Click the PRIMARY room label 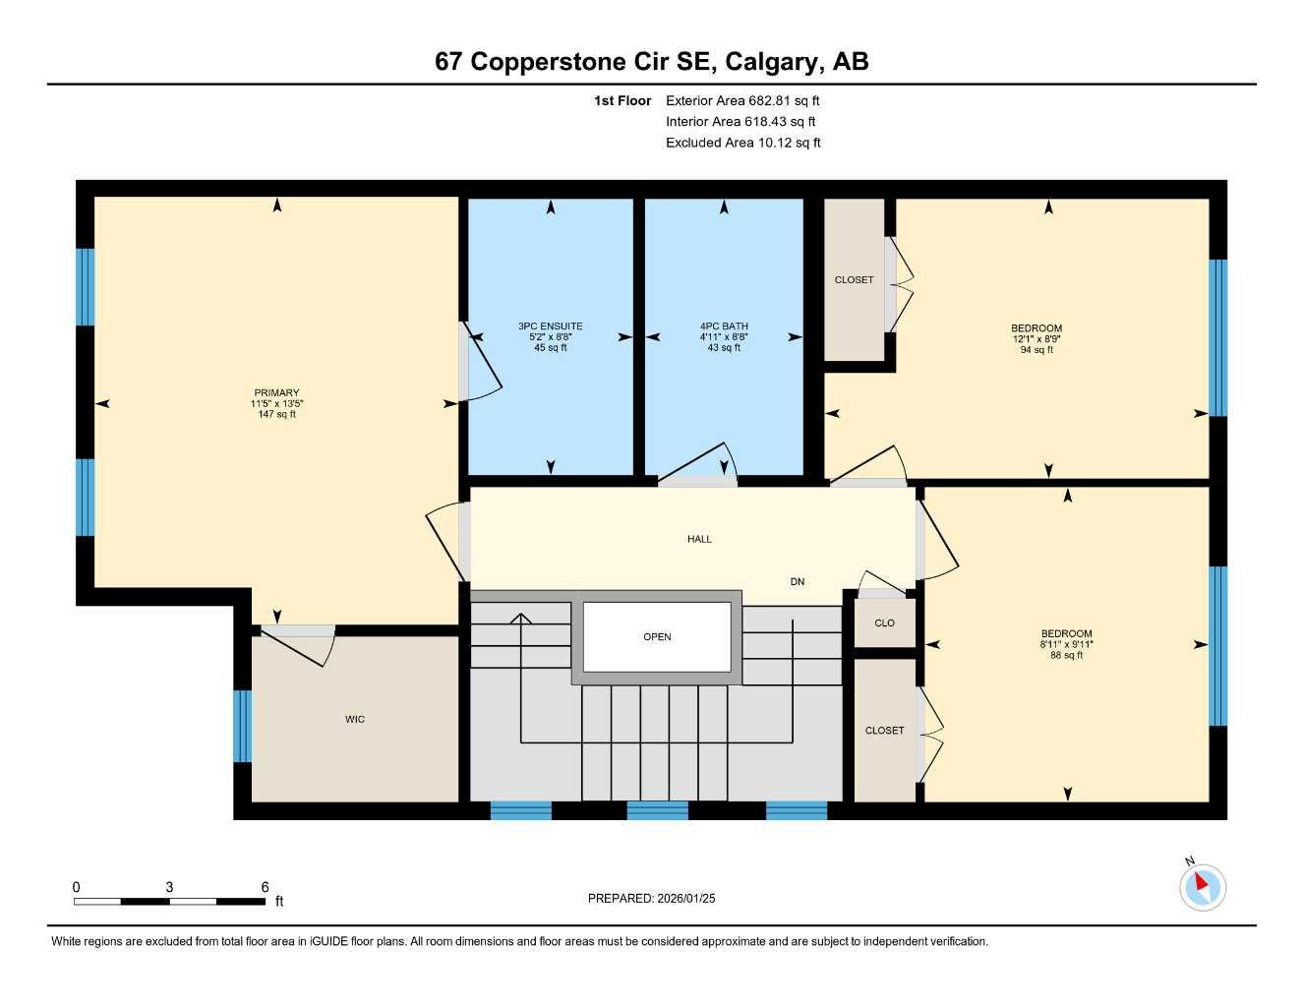click(x=275, y=393)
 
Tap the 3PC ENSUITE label click(x=550, y=326)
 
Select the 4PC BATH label click(x=724, y=326)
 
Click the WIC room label click(x=355, y=720)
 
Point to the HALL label click(x=699, y=539)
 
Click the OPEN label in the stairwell click(x=657, y=637)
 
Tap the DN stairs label click(x=798, y=582)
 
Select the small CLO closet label click(x=884, y=623)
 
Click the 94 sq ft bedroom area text click(x=1036, y=350)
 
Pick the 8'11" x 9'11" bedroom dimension click(x=1067, y=645)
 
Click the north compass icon click(x=1203, y=886)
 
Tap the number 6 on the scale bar click(x=265, y=887)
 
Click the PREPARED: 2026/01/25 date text click(x=651, y=898)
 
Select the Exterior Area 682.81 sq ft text click(x=742, y=100)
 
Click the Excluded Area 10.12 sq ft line click(x=742, y=143)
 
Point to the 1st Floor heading click(x=622, y=100)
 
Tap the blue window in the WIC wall click(x=242, y=726)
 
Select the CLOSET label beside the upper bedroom click(x=854, y=280)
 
